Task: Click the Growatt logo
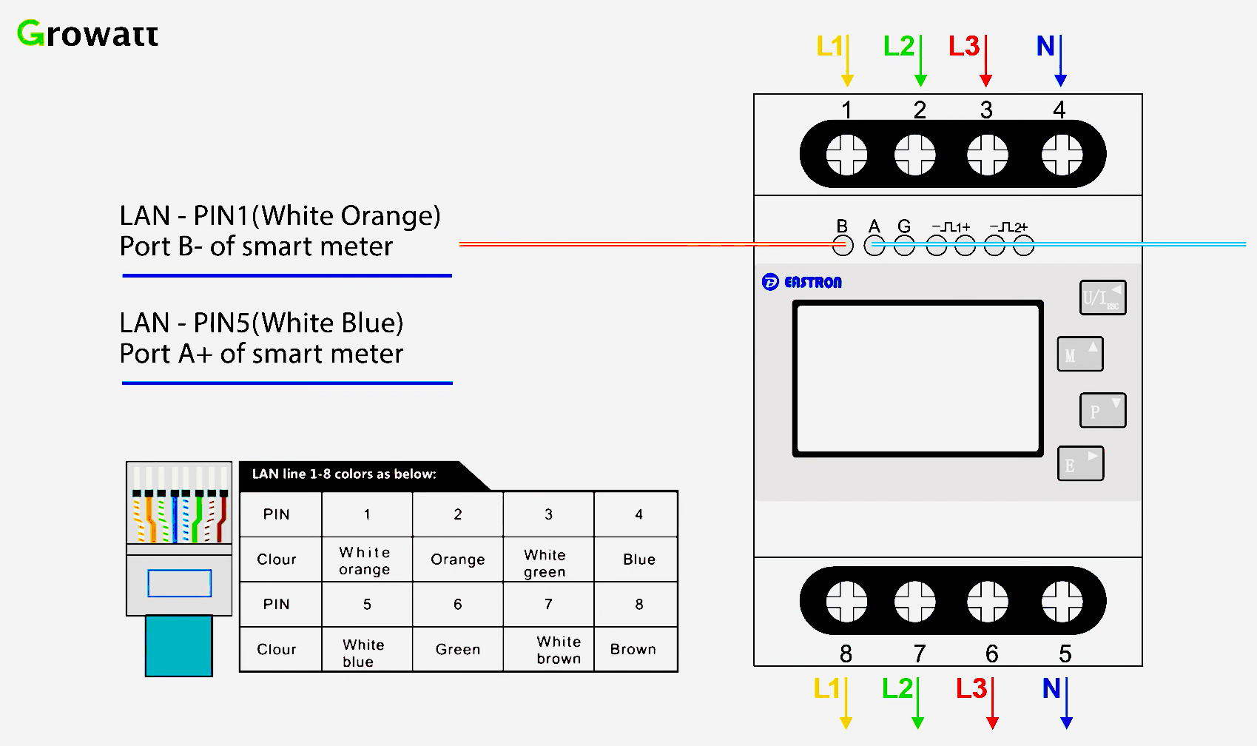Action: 87,34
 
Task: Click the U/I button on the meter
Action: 1102,298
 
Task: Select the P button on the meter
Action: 1102,410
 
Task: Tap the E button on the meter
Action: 1080,464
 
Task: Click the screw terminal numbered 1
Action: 846,155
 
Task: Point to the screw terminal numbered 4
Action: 1062,155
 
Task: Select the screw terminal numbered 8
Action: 846,601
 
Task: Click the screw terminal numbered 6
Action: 988,601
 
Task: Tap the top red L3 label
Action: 964,47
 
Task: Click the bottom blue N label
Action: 1051,689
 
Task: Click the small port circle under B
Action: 843,246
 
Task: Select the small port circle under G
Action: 904,246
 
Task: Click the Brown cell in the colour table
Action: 634,649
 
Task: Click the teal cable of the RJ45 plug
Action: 178,645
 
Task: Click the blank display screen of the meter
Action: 917,378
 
